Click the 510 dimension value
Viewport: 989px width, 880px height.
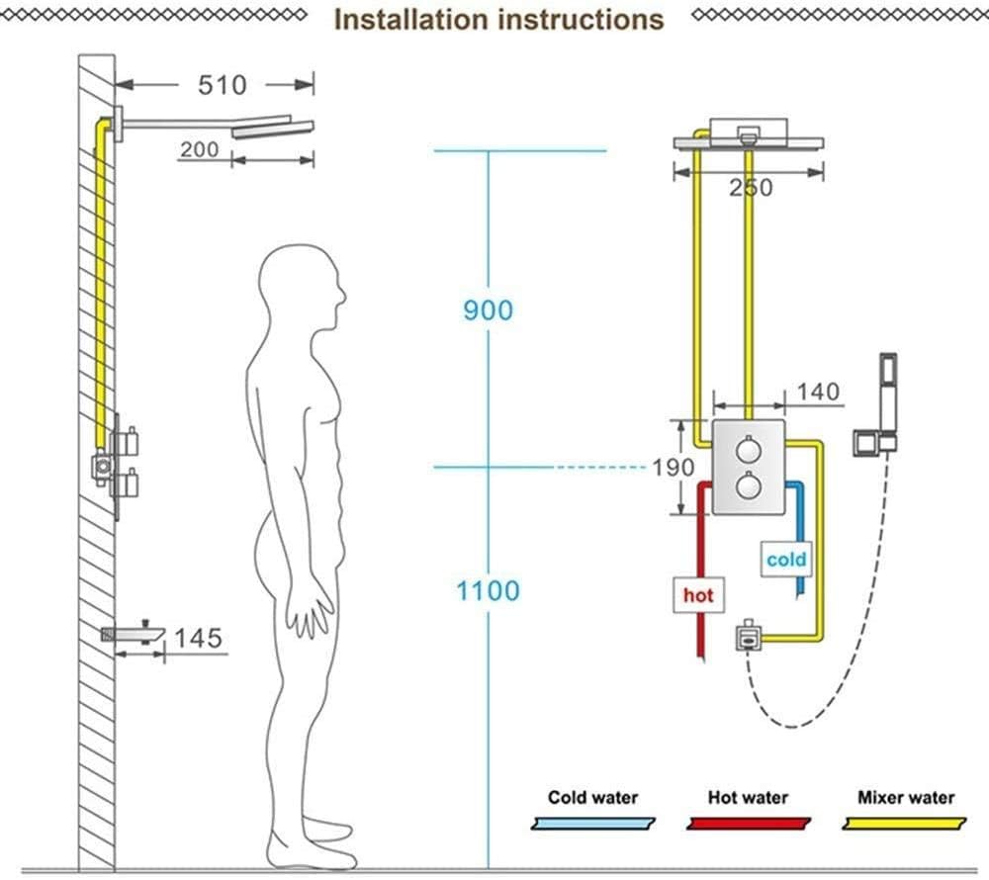[222, 85]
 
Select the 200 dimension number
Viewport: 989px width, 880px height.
[199, 149]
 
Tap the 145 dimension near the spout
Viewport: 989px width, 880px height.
[198, 638]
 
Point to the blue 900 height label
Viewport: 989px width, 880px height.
[488, 309]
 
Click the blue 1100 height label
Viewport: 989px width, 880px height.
[488, 591]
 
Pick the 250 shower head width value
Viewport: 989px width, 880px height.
[751, 187]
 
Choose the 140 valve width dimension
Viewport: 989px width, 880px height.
[817, 392]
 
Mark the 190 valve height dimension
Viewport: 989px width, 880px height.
[673, 466]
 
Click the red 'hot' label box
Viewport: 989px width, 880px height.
[697, 595]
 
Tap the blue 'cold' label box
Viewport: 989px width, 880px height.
[786, 560]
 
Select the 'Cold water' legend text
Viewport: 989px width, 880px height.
[593, 797]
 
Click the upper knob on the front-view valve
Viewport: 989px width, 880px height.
[749, 450]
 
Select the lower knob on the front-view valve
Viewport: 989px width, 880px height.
[749, 486]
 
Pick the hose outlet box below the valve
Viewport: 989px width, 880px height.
[749, 634]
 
